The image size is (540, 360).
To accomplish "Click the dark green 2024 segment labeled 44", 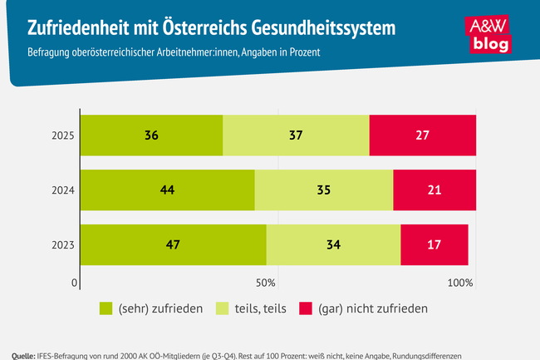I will point(167,190).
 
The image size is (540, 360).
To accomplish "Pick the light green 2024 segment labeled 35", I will point(323,190).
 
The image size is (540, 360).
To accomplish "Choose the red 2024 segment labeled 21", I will point(434,190).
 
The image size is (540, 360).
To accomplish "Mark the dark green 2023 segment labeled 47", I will point(173,245).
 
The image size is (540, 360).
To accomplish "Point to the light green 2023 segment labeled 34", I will point(333,245).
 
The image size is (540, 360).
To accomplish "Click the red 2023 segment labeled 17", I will point(434,245).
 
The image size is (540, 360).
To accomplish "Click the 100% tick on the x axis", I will point(459,284).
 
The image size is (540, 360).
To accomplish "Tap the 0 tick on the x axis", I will point(75,284).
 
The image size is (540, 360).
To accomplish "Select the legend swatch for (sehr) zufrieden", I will point(106,308).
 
